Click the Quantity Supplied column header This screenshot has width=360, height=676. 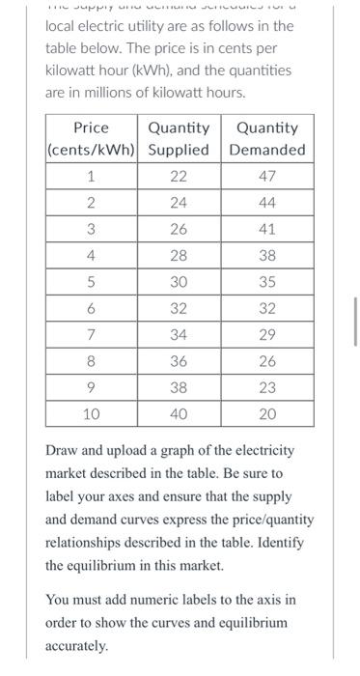point(178,139)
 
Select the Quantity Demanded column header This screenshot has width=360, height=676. point(267,139)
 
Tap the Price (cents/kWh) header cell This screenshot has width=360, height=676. point(91,139)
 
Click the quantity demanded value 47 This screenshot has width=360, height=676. point(267,176)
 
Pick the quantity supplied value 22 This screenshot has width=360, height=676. point(178,176)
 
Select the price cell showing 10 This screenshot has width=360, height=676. point(91,413)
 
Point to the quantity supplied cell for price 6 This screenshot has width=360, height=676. point(178,308)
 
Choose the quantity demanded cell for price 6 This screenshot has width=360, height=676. point(267,308)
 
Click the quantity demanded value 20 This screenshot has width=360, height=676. point(267,413)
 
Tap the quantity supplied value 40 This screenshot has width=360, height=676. point(178,413)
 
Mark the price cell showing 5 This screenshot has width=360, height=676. point(91,282)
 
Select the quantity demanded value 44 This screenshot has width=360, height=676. point(267,202)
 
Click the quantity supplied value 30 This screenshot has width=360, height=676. point(178,282)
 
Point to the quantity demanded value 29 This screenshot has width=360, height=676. point(267,334)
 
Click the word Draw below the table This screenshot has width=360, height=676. point(63,451)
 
